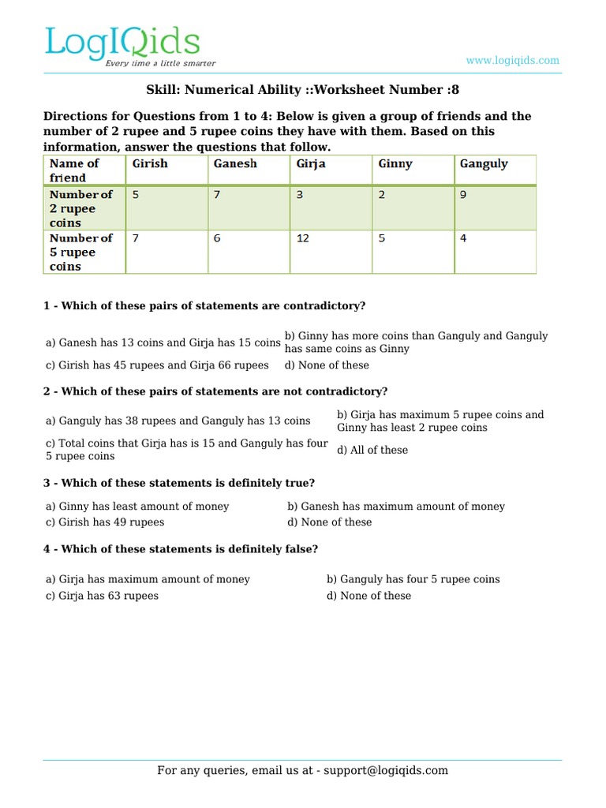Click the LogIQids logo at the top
pos(122,44)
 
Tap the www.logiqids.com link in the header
pos(512,60)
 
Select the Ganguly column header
pos(484,164)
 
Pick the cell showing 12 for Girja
pos(303,238)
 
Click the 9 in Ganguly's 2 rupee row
pos(463,194)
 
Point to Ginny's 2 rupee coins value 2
pos(382,194)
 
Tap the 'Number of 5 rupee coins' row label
pos(81,252)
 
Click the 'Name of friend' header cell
pos(74,170)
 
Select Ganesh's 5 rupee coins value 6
pos(217,238)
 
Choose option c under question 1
pos(157,365)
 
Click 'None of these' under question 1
pos(327,365)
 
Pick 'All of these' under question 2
pos(372,450)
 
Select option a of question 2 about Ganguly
pos(178,421)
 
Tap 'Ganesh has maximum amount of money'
pos(396,507)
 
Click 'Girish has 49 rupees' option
pos(105,522)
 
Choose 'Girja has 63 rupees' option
pos(102,596)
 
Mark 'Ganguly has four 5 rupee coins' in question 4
pos(413,579)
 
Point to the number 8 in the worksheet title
pos(455,91)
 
